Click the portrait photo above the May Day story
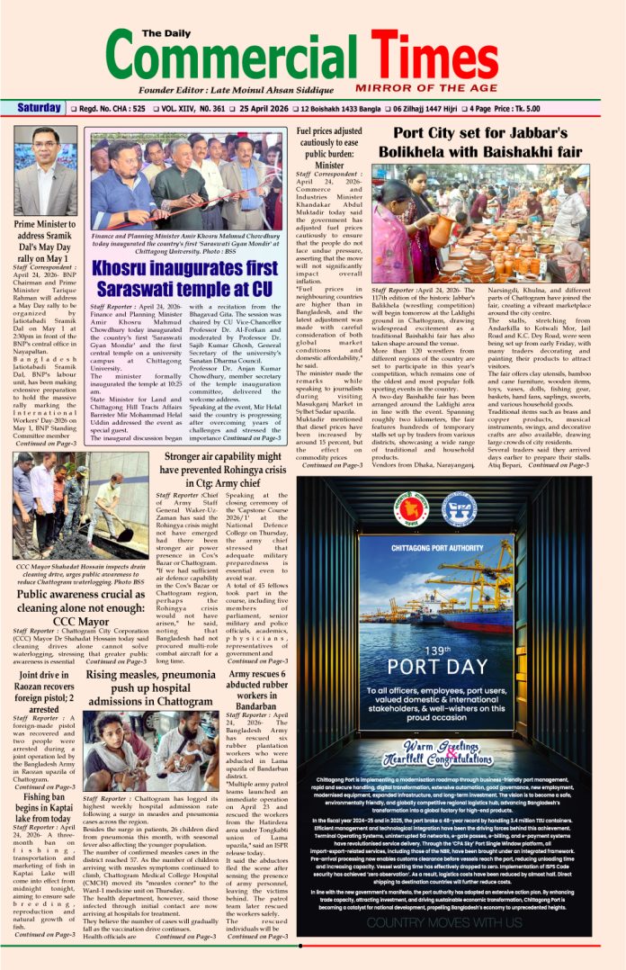[x=45, y=170]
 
